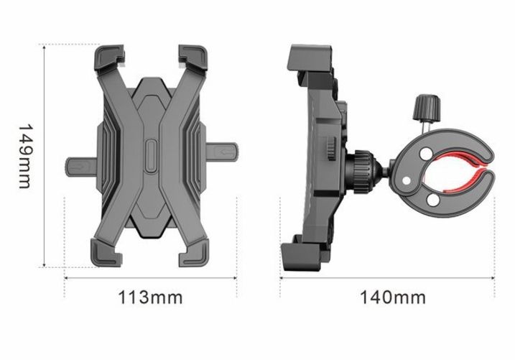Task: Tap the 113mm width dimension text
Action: (149, 297)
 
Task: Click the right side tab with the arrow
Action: (225, 152)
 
